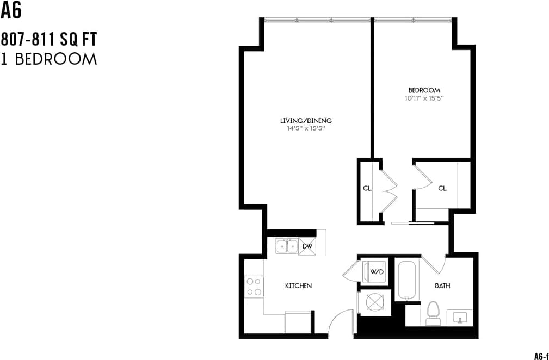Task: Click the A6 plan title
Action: coord(11,10)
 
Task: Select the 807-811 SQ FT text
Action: coord(49,40)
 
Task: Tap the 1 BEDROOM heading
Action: coord(49,59)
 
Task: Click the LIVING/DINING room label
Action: coord(306,121)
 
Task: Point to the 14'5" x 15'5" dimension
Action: coord(306,129)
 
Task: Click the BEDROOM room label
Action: coord(424,90)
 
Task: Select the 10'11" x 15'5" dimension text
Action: coord(424,98)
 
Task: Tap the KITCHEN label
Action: coord(298,285)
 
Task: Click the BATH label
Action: coord(442,285)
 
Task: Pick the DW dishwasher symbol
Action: coord(307,247)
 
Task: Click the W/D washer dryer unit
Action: coord(376,271)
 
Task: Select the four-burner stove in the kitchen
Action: coord(254,287)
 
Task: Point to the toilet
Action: coord(433,314)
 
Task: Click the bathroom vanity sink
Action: coord(460,316)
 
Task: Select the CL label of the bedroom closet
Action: coord(442,188)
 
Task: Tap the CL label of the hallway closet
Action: coord(367,188)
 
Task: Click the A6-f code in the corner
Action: coord(540,356)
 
